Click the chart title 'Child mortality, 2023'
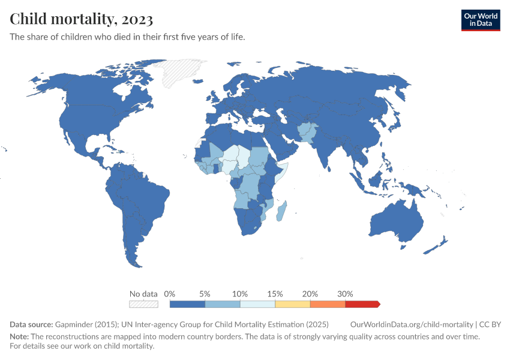coord(81,19)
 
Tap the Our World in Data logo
coord(481,20)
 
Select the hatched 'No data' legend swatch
coord(143,304)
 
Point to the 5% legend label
coord(205,294)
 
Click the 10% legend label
coord(240,294)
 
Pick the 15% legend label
coord(275,294)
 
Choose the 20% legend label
coord(310,294)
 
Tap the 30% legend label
coord(345,294)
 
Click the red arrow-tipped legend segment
coord(362,304)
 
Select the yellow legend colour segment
coord(292,304)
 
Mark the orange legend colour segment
coord(328,304)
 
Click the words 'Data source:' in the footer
coord(31,325)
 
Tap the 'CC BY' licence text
coord(491,325)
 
